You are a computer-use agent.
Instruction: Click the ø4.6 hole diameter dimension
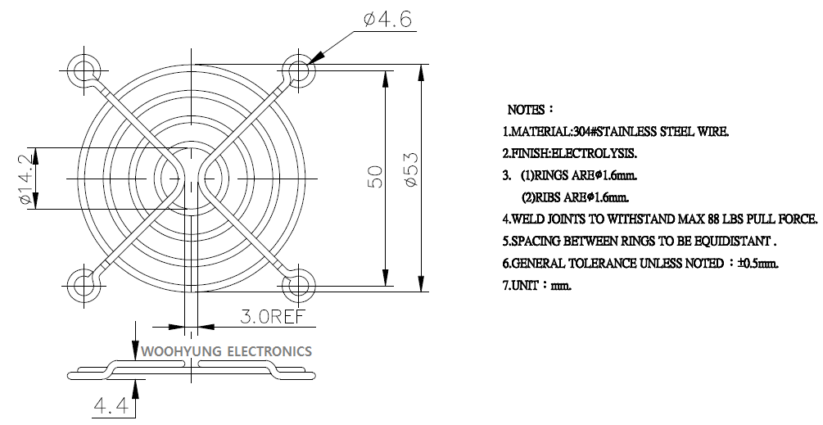coord(388,20)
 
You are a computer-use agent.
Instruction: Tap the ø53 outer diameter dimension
coord(411,169)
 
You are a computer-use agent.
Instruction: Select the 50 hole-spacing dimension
coord(376,176)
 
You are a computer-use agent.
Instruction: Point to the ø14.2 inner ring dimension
coord(26,179)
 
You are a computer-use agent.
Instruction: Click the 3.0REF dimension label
coord(273,317)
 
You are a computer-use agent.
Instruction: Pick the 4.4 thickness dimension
coord(111,406)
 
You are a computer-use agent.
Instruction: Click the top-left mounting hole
coord(84,70)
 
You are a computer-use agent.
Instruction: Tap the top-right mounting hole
coord(300,69)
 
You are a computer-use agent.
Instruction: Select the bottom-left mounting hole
coord(84,285)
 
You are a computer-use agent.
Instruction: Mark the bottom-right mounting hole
coord(299,286)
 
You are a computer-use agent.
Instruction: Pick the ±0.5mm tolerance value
coord(757,264)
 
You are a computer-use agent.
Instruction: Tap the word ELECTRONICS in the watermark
coord(269,351)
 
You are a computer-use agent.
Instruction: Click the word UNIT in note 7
coord(522,286)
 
